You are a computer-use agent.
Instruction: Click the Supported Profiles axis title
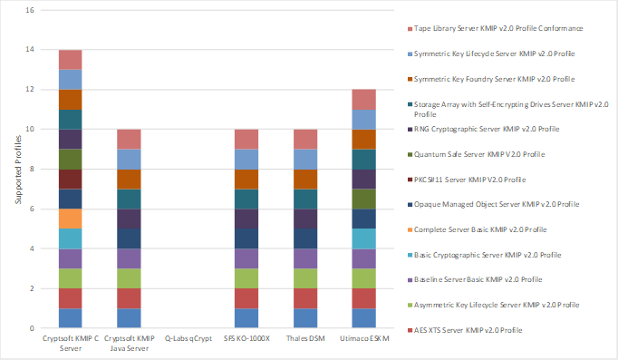(x=15, y=169)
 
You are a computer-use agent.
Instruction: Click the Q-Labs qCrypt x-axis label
(x=188, y=337)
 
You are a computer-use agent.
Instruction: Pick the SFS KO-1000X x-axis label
(x=246, y=337)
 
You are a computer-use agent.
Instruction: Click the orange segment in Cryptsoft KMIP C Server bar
(x=72, y=218)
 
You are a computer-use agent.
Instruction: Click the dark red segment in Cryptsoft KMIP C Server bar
(x=72, y=179)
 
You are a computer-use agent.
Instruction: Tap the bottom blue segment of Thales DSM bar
(x=304, y=317)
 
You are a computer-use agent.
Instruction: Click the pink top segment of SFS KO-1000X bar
(x=246, y=139)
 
